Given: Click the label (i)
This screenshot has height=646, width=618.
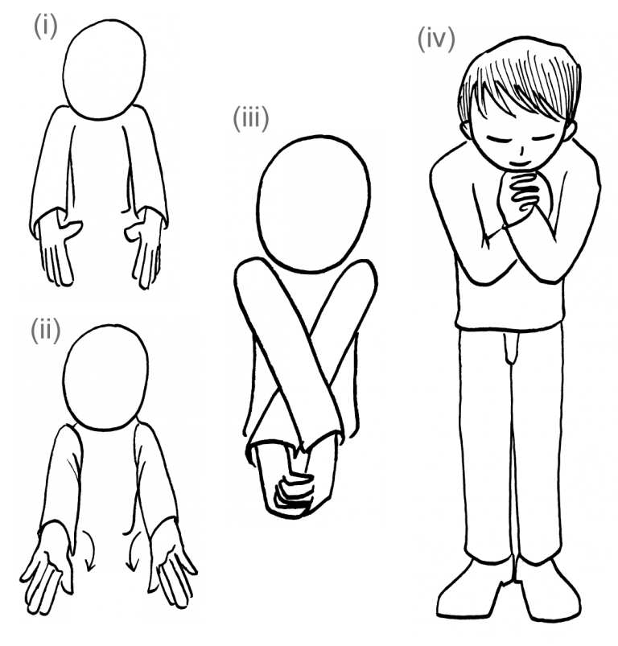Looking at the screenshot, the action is coord(45,27).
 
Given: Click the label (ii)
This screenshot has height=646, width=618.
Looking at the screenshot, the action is coord(45,330).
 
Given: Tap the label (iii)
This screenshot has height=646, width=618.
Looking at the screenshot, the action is coord(251,118).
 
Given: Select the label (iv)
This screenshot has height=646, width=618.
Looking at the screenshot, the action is coord(436,39).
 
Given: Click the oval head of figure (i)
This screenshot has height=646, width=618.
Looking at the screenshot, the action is coord(105,69).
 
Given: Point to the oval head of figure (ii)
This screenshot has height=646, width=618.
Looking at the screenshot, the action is coord(105,378).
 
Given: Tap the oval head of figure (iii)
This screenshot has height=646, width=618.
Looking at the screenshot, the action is coord(313,204).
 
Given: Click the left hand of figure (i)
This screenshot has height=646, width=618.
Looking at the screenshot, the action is coord(60,249).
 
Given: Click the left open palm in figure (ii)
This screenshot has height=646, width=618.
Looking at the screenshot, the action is coord(47,570).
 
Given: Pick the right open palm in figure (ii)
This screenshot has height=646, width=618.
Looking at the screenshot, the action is coord(173,569).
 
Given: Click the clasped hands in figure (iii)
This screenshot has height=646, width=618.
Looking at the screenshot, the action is coord(295,484).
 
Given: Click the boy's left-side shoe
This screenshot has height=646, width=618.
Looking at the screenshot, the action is coord(472,589).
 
